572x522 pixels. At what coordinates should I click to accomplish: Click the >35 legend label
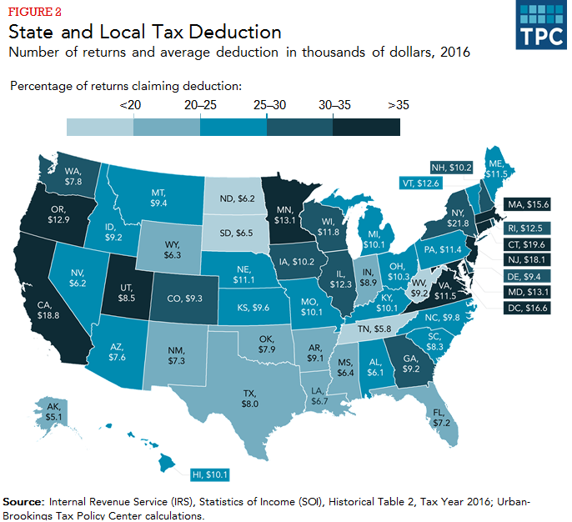tap(399, 106)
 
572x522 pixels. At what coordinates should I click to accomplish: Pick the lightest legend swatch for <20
tap(99, 126)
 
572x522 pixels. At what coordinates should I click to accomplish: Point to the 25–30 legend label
tap(266, 106)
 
